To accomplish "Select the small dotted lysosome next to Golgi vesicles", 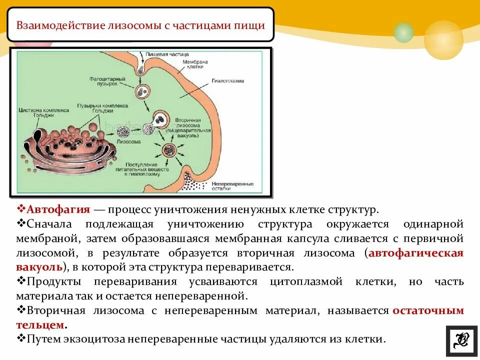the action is pyautogui.click(x=122, y=131).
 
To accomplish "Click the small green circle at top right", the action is pyautogui.click(x=403, y=32).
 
